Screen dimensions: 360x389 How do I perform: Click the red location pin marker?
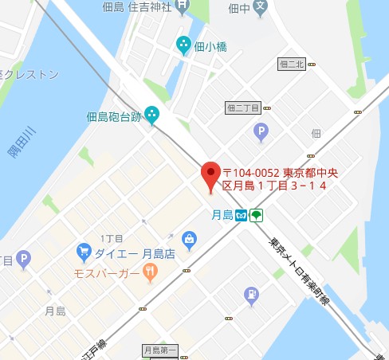click(x=210, y=175)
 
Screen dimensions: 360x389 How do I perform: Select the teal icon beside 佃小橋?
click(x=184, y=45)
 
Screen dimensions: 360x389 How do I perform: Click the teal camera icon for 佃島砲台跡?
click(x=151, y=116)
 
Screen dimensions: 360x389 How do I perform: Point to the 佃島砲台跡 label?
click(x=114, y=117)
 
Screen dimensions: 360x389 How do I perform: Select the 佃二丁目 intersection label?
click(x=243, y=106)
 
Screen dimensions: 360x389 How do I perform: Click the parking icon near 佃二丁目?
click(x=260, y=131)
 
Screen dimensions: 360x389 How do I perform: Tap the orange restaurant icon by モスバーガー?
click(x=150, y=274)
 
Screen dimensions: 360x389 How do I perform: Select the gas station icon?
click(x=252, y=295)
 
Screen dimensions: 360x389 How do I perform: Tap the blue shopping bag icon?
click(x=189, y=238)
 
